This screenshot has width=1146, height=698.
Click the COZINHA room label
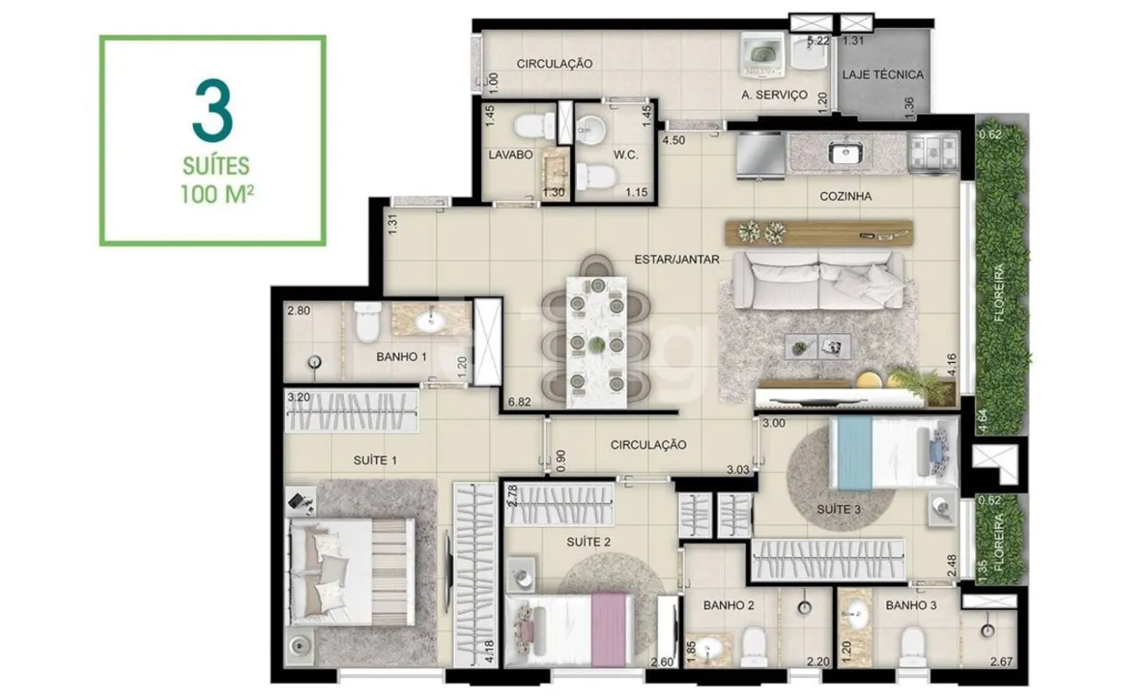click(x=845, y=196)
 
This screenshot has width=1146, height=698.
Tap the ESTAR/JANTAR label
click(x=676, y=260)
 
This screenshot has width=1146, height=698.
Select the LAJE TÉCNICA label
click(x=883, y=75)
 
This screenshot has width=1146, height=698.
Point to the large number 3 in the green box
click(x=213, y=111)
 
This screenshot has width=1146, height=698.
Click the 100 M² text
click(x=217, y=195)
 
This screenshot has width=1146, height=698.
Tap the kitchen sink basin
click(x=846, y=153)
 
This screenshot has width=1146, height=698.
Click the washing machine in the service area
click(x=762, y=56)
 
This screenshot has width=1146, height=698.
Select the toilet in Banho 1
click(x=367, y=321)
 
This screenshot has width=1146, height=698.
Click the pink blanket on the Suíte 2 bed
click(x=608, y=630)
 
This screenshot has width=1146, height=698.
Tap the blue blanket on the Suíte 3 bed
click(x=854, y=453)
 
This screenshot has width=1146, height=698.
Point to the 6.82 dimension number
click(x=519, y=402)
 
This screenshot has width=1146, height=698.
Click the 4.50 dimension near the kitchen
click(x=674, y=140)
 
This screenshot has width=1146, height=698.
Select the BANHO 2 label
click(x=729, y=606)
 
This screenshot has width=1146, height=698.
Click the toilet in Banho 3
click(x=912, y=646)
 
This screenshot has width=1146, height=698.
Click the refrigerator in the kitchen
click(x=760, y=155)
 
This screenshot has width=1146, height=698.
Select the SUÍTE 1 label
click(x=375, y=461)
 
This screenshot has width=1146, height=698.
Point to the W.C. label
click(x=626, y=155)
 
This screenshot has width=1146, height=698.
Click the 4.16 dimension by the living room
click(x=951, y=365)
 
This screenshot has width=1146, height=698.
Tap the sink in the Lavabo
click(x=556, y=168)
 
